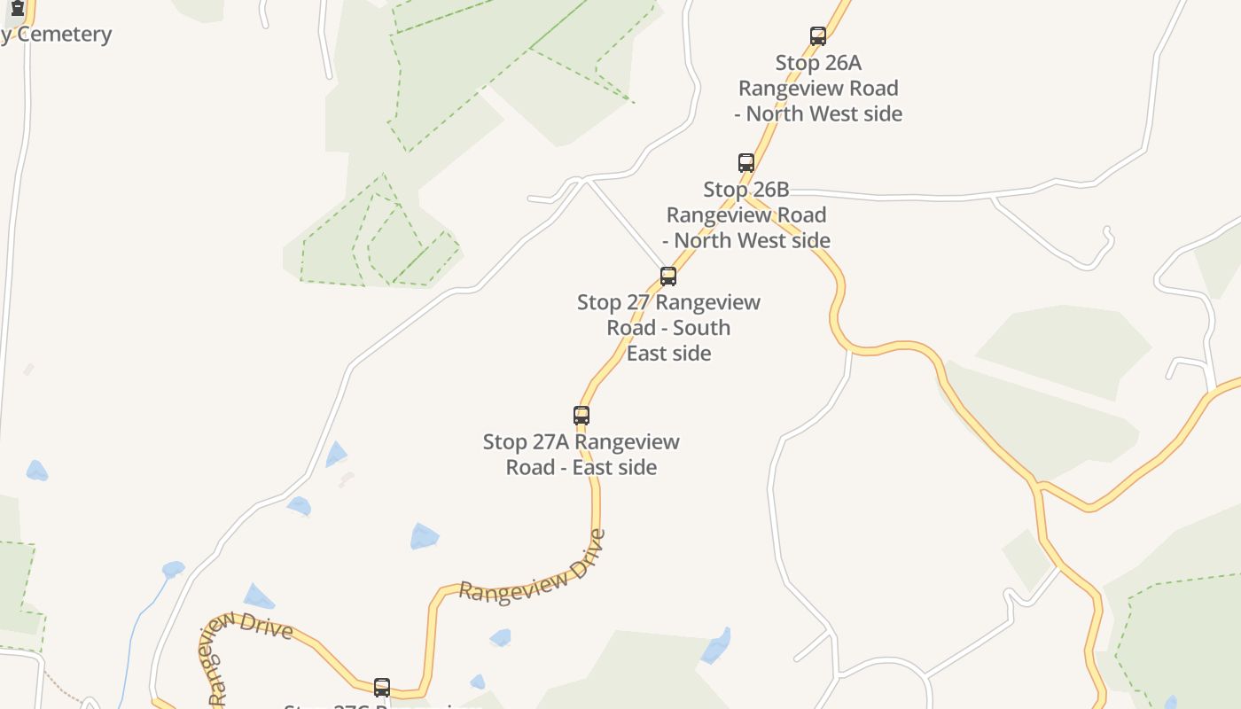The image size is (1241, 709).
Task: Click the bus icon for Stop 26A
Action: tap(818, 36)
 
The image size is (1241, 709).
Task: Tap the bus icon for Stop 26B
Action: tap(746, 163)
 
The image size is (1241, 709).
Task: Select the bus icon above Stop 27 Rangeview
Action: tap(668, 277)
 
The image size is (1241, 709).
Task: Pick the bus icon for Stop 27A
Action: tap(581, 416)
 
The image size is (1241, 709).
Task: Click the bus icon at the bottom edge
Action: tap(382, 688)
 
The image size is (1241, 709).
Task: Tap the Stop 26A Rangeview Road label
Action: tap(818, 88)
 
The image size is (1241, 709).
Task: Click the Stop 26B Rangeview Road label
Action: tap(746, 214)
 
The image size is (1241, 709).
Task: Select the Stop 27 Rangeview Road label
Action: tap(668, 327)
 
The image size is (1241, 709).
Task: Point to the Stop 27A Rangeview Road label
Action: tap(581, 454)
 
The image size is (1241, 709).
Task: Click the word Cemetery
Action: tap(65, 35)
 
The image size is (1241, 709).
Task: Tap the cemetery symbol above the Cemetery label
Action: tap(17, 8)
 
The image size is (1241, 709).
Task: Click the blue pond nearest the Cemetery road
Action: tap(36, 471)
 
